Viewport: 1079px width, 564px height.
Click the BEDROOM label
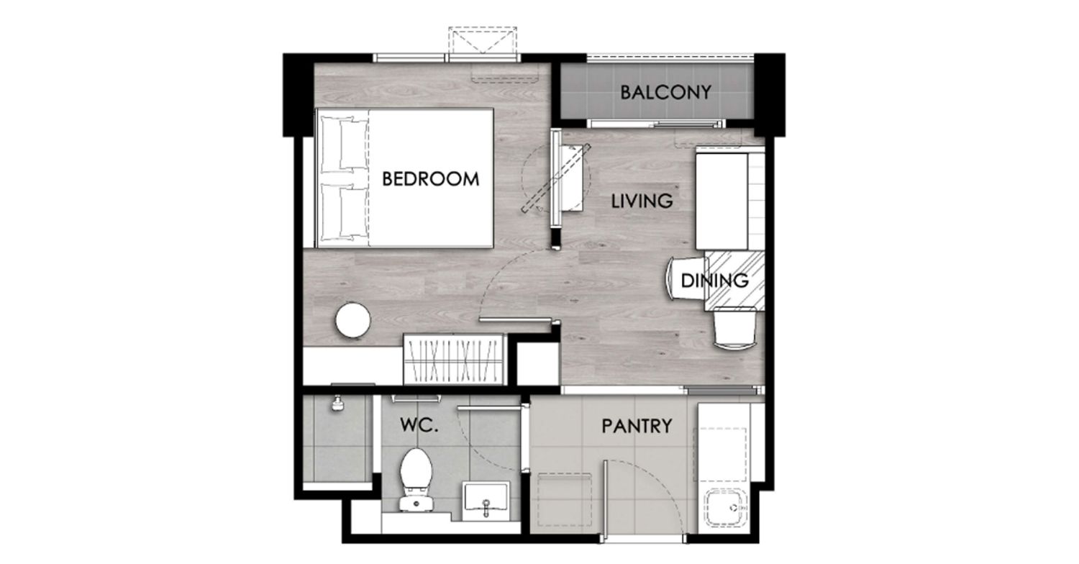point(431,179)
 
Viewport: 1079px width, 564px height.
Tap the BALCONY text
point(665,93)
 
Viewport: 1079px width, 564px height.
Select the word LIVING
point(642,201)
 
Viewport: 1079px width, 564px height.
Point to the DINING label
point(714,281)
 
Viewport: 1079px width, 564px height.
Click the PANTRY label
point(637,427)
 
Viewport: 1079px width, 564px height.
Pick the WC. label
point(419,425)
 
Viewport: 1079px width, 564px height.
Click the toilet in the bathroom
point(416,479)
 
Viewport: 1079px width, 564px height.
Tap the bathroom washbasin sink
point(486,501)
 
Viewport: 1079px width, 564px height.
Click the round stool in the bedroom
point(353,320)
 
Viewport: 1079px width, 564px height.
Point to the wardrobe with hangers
point(453,359)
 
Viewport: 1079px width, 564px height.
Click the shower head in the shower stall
point(337,404)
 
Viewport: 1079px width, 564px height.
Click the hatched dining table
point(734,281)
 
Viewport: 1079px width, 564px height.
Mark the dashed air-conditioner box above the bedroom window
point(483,40)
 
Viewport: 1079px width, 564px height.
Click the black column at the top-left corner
point(299,95)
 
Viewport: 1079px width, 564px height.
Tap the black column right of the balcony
point(770,95)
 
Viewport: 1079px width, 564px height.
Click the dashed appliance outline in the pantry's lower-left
point(564,500)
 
